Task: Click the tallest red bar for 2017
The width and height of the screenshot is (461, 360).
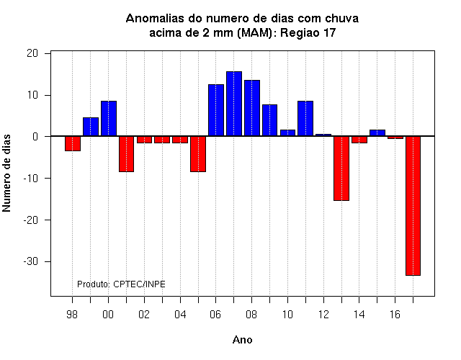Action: click(x=413, y=206)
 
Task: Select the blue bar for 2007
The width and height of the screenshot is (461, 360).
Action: click(x=234, y=104)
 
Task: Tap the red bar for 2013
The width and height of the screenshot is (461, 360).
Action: click(x=341, y=168)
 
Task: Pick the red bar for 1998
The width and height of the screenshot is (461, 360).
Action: click(x=73, y=143)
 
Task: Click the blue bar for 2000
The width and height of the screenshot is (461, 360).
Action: click(x=109, y=118)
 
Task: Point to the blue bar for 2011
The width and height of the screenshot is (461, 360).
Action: click(x=305, y=118)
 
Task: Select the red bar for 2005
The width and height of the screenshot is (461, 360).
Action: click(x=198, y=154)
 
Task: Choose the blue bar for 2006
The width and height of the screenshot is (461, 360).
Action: click(x=216, y=110)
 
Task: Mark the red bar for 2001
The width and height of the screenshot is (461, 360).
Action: click(x=127, y=154)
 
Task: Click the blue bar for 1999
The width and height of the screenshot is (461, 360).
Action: click(x=91, y=127)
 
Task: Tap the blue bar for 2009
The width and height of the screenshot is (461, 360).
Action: click(x=269, y=120)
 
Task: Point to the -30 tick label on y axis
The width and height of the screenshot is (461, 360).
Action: click(x=31, y=261)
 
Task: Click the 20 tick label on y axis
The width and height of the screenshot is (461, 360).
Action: click(x=32, y=53)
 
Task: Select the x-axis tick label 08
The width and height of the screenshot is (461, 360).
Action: click(x=251, y=315)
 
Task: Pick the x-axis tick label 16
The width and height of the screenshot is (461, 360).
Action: click(x=395, y=315)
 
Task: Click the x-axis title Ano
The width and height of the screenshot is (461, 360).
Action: click(x=242, y=340)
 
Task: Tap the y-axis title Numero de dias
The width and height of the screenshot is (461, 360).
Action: click(x=6, y=173)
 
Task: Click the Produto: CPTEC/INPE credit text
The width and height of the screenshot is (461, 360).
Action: click(x=121, y=284)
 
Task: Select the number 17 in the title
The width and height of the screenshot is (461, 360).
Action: click(x=330, y=32)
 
